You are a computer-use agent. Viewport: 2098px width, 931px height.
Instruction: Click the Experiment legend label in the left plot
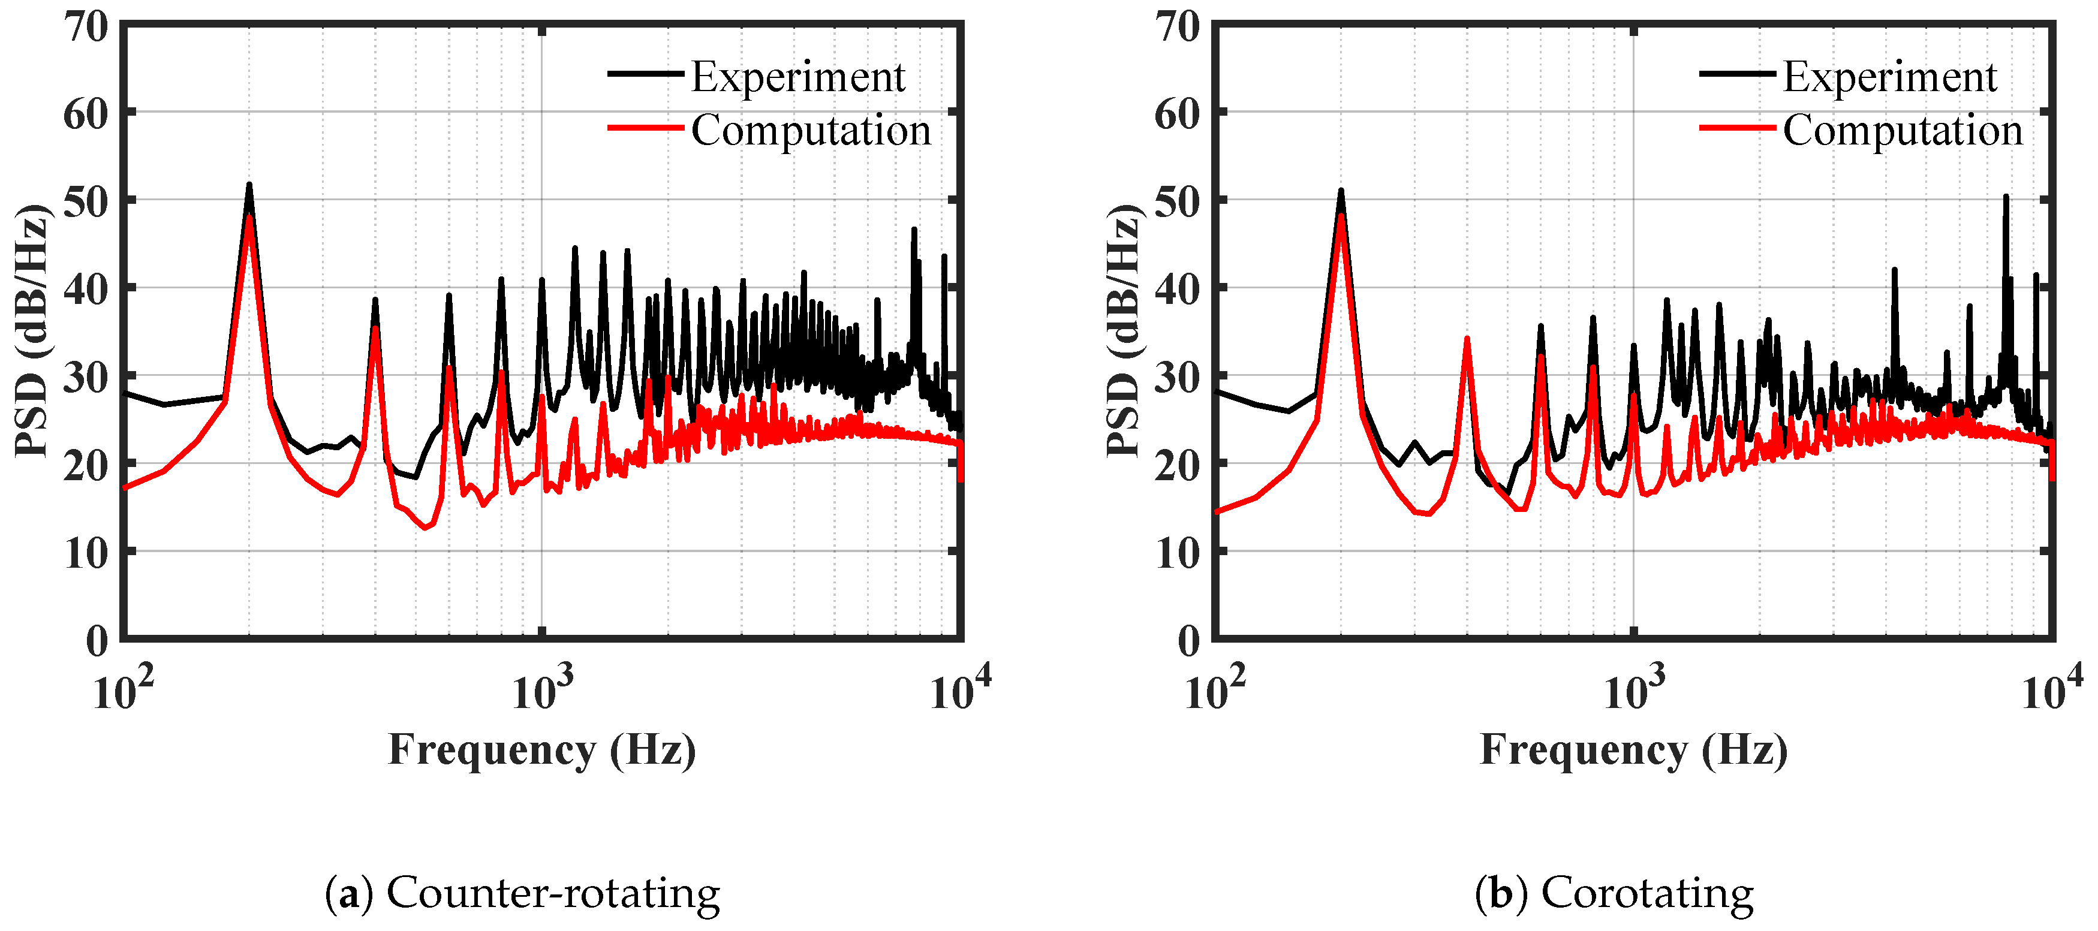click(x=797, y=77)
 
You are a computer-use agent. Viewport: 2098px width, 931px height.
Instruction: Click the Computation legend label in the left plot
click(x=811, y=130)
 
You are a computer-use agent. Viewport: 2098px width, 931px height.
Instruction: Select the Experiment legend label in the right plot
click(x=1889, y=77)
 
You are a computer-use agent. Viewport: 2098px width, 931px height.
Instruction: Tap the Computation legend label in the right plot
click(x=1903, y=130)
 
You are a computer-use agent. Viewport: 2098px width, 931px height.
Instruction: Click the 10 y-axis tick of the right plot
click(x=1177, y=555)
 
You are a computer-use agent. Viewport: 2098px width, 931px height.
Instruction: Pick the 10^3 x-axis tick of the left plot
click(x=541, y=689)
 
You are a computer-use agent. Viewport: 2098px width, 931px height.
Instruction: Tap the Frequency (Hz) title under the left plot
click(x=541, y=750)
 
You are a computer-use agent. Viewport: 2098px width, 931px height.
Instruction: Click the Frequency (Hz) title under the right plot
click(x=1633, y=750)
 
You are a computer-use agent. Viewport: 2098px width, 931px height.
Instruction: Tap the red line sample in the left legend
click(x=645, y=127)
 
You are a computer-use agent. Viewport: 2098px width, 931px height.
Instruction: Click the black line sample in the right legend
click(x=1737, y=74)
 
